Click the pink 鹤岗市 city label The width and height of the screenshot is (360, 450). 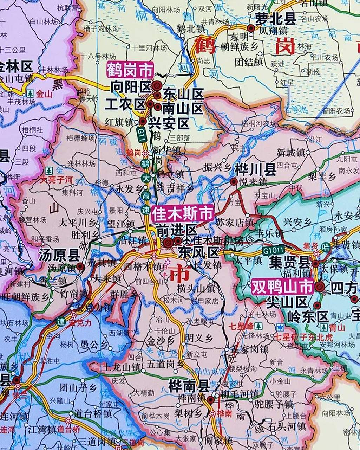[x=130, y=70]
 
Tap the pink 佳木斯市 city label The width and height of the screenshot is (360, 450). [x=183, y=213]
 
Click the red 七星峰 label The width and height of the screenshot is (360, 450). [x=241, y=326]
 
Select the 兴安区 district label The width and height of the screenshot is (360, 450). [x=169, y=123]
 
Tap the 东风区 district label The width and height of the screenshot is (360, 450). [x=198, y=252]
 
